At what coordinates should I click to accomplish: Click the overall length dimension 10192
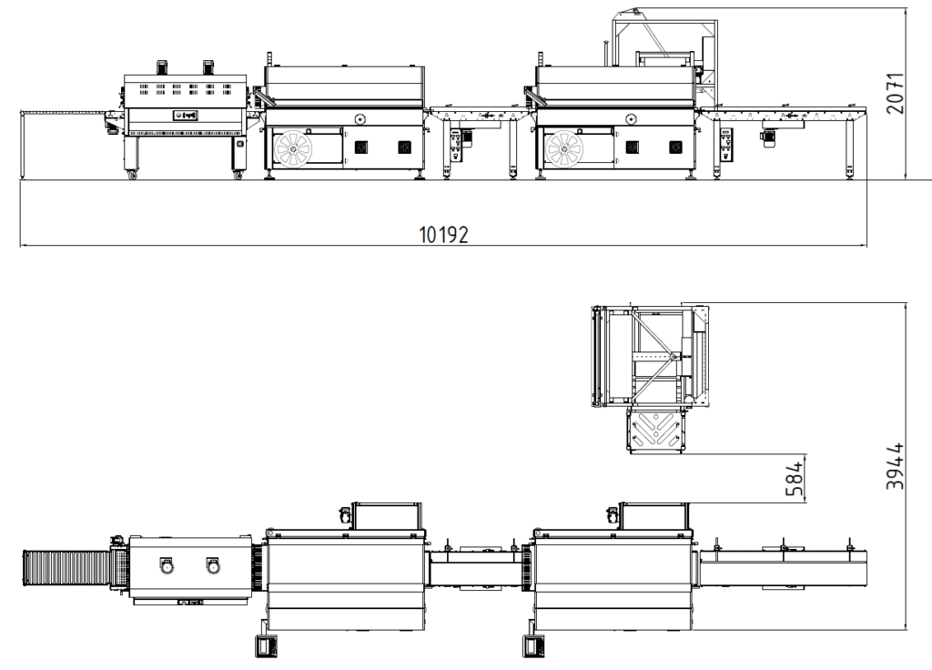coord(443,235)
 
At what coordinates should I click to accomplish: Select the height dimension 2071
coord(895,94)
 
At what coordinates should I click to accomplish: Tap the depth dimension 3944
coord(895,466)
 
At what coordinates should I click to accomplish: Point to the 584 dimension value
coord(794,479)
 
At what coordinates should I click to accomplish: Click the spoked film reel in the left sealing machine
coord(293,148)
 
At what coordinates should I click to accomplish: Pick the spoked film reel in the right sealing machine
coord(563,148)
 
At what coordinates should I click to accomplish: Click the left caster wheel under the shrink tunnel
coord(132,176)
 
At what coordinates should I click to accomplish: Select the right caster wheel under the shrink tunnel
coord(238,175)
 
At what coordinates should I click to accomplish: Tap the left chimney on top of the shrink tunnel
coord(162,66)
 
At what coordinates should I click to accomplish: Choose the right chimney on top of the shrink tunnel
coord(208,66)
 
